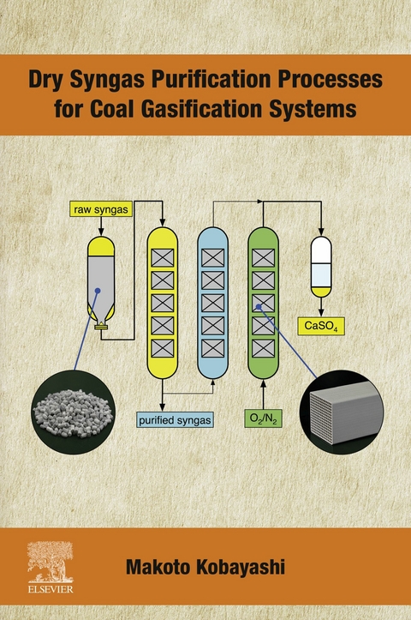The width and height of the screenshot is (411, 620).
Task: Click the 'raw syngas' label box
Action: tap(101, 208)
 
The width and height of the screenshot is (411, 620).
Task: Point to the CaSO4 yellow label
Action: tap(321, 326)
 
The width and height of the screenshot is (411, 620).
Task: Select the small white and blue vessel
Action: tap(321, 267)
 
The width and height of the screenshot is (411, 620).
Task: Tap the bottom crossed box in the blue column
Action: tap(211, 348)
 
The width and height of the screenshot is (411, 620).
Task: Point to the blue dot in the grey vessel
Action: tap(98, 292)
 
